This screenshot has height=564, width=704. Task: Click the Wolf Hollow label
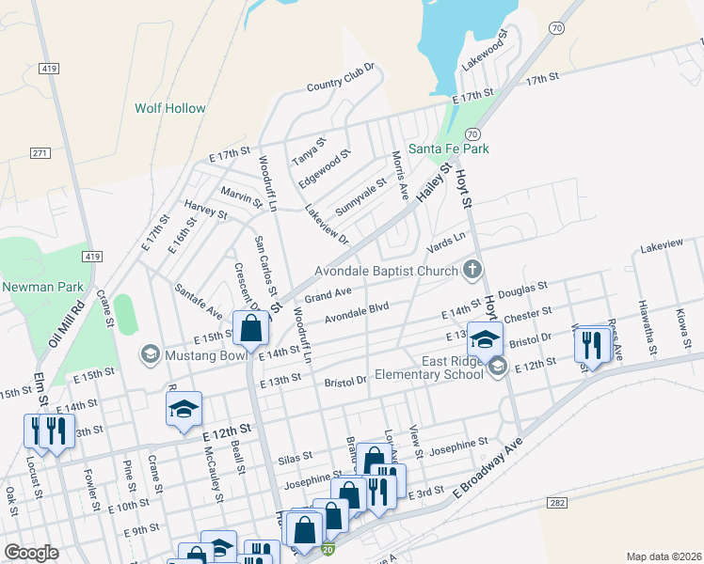169,108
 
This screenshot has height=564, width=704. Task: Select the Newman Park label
42,287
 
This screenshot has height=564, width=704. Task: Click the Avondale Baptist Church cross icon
472,271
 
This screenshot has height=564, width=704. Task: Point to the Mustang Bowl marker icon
150,354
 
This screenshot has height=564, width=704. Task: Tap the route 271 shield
40,152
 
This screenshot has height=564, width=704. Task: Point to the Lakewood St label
484,51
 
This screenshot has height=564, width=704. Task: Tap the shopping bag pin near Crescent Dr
250,328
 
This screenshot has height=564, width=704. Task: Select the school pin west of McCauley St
184,409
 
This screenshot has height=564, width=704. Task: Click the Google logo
31,553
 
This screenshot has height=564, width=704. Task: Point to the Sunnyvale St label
361,197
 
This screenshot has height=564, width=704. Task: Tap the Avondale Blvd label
357,311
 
